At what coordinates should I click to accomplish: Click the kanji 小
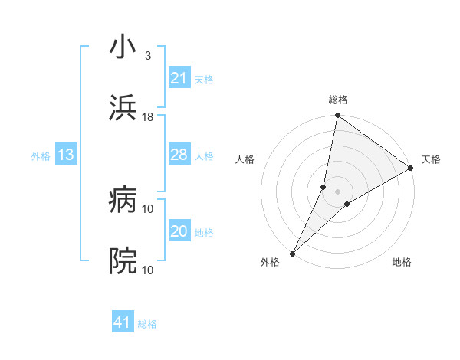point(123,47)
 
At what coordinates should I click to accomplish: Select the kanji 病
point(123,201)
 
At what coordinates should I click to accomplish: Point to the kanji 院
point(123,261)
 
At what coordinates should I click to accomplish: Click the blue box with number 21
point(179,78)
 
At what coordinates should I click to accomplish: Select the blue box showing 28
point(179,155)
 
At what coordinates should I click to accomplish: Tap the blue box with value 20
point(179,231)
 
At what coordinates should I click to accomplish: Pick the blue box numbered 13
point(66,155)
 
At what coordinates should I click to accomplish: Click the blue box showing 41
point(123,322)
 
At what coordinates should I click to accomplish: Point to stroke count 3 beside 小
point(147,56)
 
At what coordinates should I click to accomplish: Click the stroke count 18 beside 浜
point(148,117)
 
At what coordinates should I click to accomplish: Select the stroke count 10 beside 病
point(148,209)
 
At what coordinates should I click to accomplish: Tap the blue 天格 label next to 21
point(204,79)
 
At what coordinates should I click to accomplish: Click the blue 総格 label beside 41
point(147,324)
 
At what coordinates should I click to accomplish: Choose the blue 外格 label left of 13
point(41,155)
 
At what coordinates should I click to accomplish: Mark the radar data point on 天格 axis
point(411,169)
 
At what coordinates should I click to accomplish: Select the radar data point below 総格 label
point(337,116)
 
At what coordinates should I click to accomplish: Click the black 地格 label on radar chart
point(402,262)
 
